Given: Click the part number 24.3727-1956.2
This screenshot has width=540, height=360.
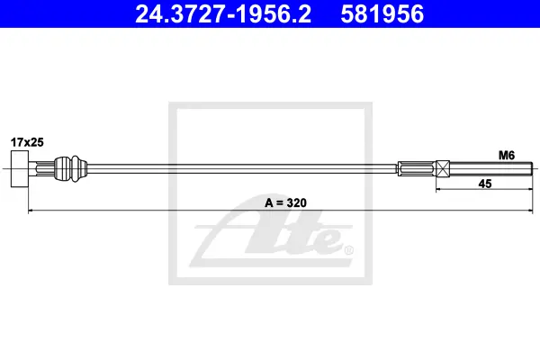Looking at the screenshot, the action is pyautogui.click(x=223, y=14).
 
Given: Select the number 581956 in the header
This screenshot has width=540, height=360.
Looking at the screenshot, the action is pyautogui.click(x=382, y=14).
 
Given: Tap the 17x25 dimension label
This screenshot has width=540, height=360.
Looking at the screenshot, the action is pyautogui.click(x=27, y=142).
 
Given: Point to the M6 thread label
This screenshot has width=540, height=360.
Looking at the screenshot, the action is pyautogui.click(x=507, y=156).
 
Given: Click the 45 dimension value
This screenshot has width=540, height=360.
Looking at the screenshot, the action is pyautogui.click(x=485, y=184).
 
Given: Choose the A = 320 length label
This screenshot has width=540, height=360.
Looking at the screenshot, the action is pyautogui.click(x=285, y=202).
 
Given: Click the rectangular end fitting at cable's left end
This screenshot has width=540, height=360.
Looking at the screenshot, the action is pyautogui.click(x=20, y=169).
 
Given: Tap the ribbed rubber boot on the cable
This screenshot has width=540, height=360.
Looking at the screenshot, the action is pyautogui.click(x=70, y=169).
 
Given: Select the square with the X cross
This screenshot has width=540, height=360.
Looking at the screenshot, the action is pyautogui.click(x=443, y=169).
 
